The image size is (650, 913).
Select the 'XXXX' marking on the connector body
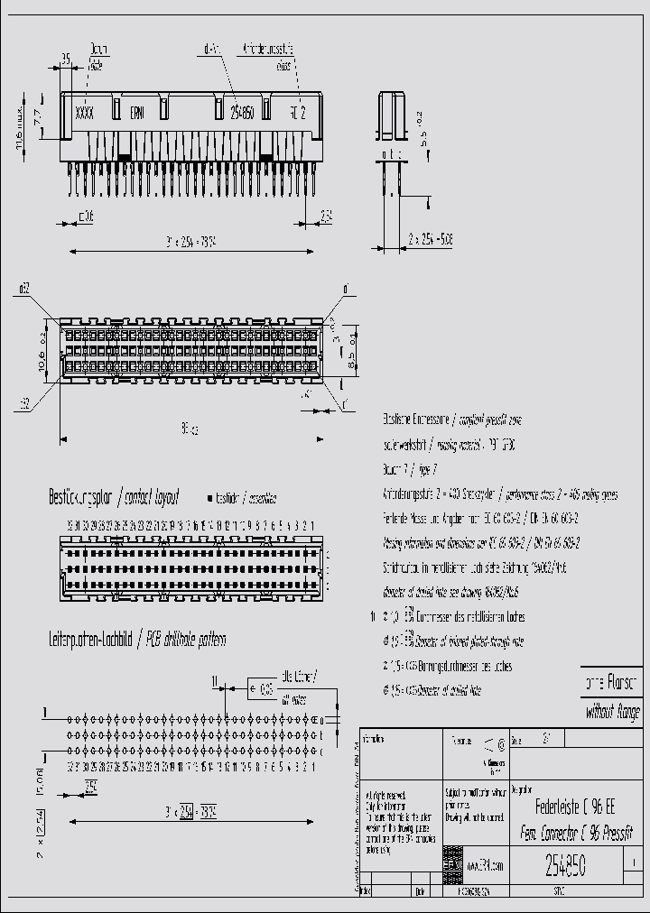[x=84, y=114]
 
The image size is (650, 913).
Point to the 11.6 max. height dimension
[x=19, y=125]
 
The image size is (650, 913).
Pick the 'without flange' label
[x=613, y=712]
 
